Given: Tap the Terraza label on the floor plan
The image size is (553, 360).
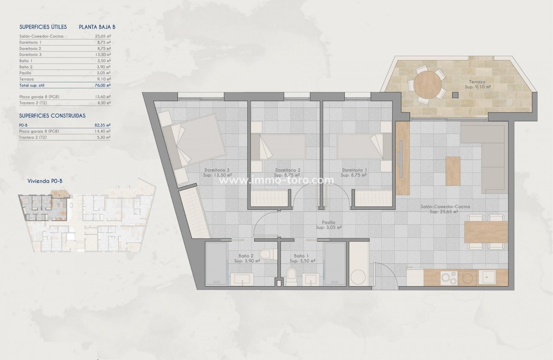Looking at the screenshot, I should click(477, 82).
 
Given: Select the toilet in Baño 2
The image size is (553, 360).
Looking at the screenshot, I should click(266, 253).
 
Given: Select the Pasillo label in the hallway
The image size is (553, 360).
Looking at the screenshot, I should click(329, 223).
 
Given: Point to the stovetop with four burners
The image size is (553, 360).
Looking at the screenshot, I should click(448, 277).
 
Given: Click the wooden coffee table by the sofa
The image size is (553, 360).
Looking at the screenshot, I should click(452, 171).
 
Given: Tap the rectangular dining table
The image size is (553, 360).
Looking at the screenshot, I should click(486, 232).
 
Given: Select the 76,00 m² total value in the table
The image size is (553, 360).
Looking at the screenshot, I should click(103, 85).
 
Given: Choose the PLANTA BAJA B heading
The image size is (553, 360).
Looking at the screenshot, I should click(97, 27).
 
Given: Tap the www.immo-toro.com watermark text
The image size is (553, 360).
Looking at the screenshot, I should click(277, 181).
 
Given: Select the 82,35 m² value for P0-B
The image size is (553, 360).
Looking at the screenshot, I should click(103, 125).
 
